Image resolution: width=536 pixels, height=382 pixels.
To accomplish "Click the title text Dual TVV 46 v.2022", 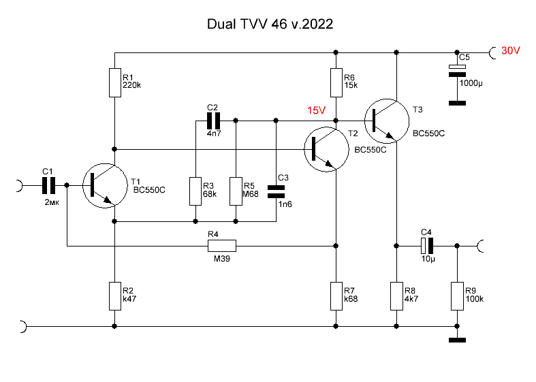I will tap(270, 24).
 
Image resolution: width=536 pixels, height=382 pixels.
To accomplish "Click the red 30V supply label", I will tap(511, 51).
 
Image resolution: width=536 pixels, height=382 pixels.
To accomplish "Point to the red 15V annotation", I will tap(317, 110).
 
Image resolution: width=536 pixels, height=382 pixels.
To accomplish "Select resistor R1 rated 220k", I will tap(114, 82).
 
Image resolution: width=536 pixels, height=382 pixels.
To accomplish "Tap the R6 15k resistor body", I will tap(336, 82).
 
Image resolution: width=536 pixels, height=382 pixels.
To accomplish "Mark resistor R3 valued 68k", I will tap(195, 191).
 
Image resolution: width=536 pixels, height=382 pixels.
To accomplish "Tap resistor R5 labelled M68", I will tap(236, 191).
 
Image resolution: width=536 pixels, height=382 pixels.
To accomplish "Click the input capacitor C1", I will tap(48, 185).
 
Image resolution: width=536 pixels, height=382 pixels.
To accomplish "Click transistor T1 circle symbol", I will tap(103, 185).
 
